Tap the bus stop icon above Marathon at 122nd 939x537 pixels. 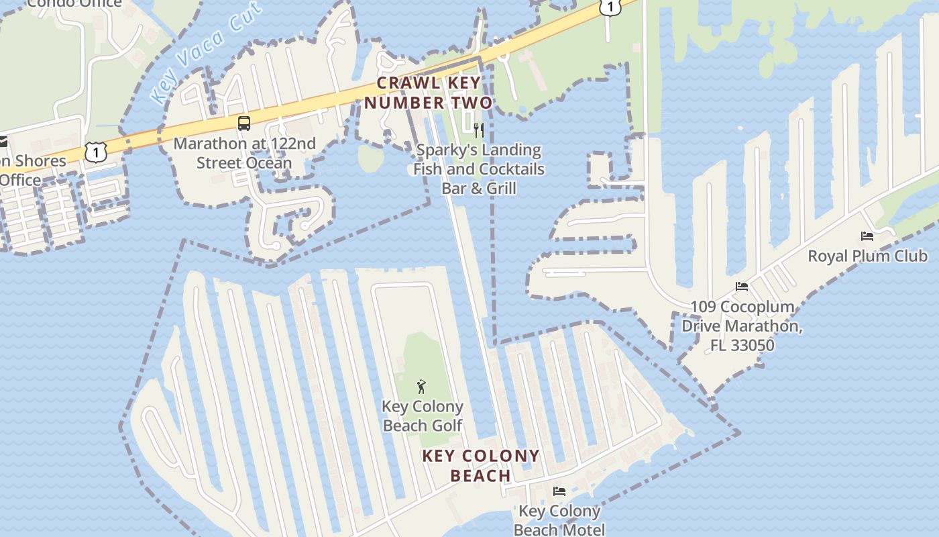[244, 124]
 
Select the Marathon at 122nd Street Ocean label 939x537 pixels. [244, 153]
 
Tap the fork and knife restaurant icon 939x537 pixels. [479, 130]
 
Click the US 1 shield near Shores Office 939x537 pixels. [96, 152]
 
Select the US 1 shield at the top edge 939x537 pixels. [610, 7]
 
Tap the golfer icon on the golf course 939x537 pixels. [421, 387]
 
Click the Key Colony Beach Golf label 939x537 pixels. [423, 416]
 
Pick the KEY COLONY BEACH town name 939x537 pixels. [481, 466]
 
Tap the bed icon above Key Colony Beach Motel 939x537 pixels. [559, 491]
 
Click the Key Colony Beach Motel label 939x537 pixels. [559, 520]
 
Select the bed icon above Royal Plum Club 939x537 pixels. [867, 236]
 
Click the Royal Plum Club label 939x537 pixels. [867, 256]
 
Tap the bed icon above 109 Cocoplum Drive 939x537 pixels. [742, 287]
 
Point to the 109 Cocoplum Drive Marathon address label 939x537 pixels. [742, 326]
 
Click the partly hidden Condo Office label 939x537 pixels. [74, 3]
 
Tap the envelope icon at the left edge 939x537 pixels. [3, 142]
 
